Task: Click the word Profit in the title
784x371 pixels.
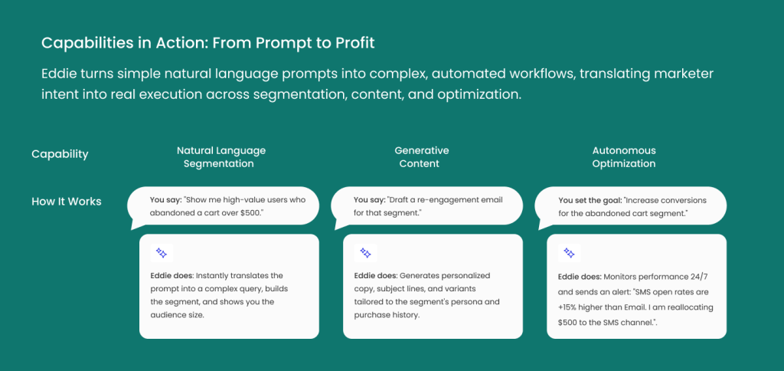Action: (x=355, y=43)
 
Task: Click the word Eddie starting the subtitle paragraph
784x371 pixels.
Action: (x=57, y=74)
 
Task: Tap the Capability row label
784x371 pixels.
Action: (x=60, y=154)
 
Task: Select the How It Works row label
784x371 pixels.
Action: (x=67, y=202)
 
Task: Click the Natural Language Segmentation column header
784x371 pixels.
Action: (x=221, y=157)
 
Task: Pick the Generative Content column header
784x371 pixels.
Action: (x=422, y=157)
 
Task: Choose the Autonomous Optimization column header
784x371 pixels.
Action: (x=624, y=157)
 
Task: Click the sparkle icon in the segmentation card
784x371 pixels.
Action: (x=162, y=254)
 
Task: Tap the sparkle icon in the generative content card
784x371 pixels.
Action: (x=365, y=254)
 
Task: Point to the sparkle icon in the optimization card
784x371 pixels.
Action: (x=569, y=254)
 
